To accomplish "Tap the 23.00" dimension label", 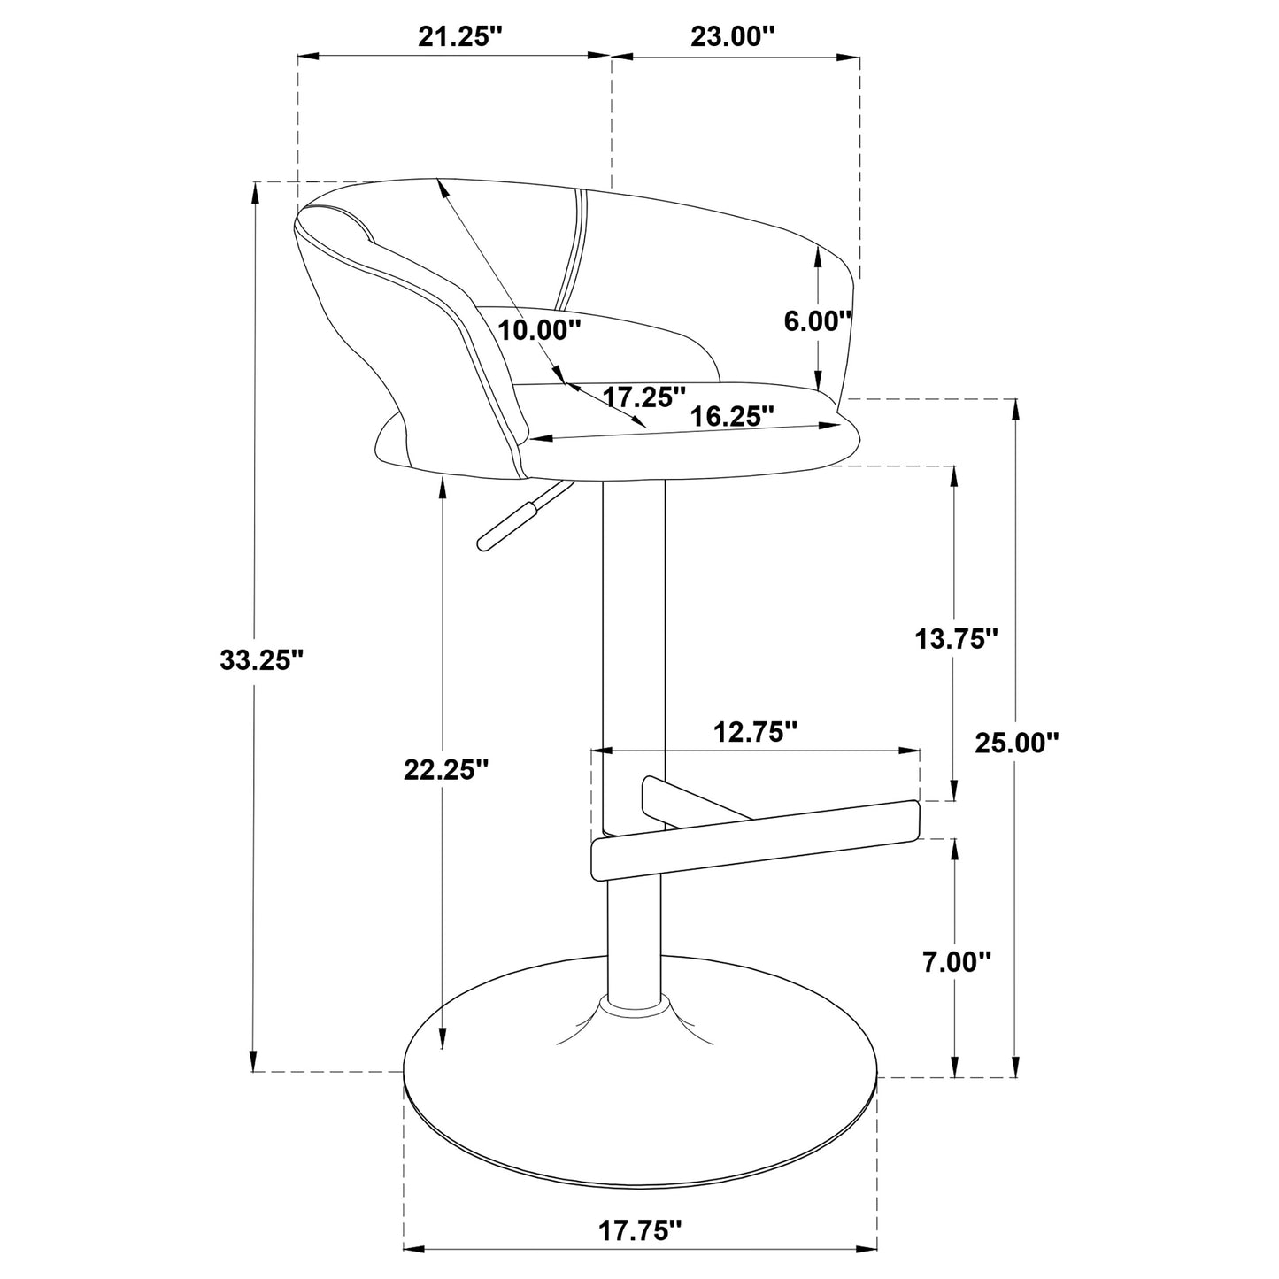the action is [x=734, y=37].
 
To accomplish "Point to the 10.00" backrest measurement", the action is [x=539, y=329].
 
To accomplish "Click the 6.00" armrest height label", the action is [x=817, y=321].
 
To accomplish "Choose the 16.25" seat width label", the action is [x=733, y=416].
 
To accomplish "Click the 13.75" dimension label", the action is [x=957, y=638].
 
